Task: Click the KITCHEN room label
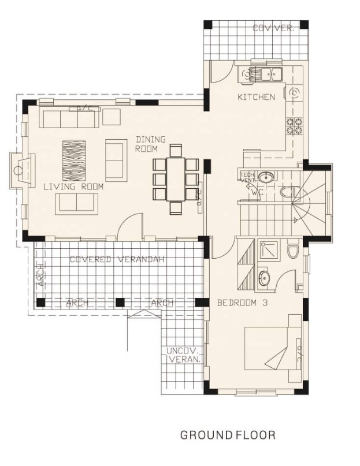(x=256, y=97)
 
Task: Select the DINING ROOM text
(x=150, y=144)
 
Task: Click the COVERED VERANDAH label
(x=117, y=259)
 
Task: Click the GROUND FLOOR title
(x=228, y=435)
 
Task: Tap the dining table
(x=176, y=179)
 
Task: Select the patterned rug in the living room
(x=74, y=160)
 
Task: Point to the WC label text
(x=258, y=193)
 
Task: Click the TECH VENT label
(x=247, y=177)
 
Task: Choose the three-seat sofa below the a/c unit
(x=69, y=119)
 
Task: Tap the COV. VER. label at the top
(x=273, y=28)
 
